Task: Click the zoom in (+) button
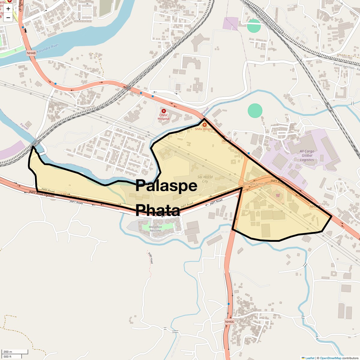8,9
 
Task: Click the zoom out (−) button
8,18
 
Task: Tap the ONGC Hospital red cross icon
164,111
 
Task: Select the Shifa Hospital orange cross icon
205,124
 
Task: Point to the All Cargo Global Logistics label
307,155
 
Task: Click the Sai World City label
205,179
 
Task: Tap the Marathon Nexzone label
155,229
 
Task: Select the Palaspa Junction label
255,184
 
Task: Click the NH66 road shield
229,322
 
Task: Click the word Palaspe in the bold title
166,186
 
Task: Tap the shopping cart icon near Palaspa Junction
278,195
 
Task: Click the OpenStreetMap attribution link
330,358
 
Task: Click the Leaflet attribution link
310,358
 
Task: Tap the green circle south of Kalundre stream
255,111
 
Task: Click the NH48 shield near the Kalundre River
31,53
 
